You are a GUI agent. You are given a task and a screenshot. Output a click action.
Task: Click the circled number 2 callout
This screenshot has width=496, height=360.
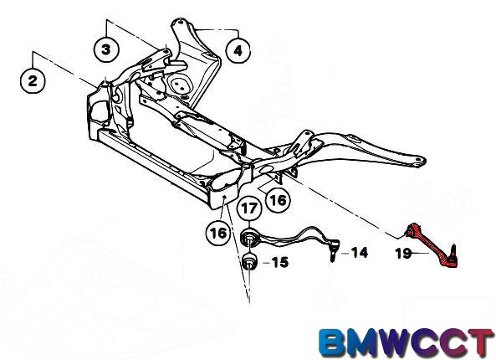[x=33, y=80]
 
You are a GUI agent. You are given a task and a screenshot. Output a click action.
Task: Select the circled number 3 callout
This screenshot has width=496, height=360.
[x=106, y=49]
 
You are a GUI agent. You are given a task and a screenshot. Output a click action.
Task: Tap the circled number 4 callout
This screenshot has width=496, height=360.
[x=238, y=50]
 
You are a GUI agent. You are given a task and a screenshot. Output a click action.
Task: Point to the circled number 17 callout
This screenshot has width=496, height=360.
[x=249, y=208]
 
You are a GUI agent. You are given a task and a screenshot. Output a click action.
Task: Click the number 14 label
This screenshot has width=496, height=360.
[x=360, y=253]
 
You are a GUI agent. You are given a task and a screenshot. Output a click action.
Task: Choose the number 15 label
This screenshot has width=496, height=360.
[x=280, y=262]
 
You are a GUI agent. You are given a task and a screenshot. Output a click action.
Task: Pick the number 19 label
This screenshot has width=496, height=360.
[x=404, y=254]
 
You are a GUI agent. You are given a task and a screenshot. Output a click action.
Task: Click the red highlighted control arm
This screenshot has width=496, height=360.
[x=432, y=244]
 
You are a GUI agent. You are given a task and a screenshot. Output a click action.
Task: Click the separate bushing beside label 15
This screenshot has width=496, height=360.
[x=249, y=261]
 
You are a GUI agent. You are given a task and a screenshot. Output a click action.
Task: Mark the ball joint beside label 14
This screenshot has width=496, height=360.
[x=334, y=249]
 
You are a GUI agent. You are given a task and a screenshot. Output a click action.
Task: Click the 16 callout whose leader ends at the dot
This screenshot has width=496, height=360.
[x=218, y=233]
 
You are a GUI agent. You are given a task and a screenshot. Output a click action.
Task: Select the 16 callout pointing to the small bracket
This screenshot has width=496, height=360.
[x=278, y=200]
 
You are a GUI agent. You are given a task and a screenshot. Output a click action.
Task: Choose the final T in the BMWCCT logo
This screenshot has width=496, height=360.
[x=481, y=342]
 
